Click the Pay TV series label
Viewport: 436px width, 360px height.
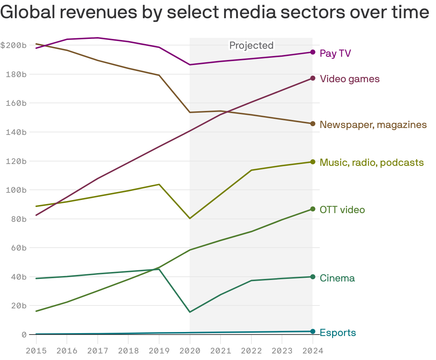click(x=335, y=54)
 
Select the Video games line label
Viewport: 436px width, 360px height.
click(x=350, y=79)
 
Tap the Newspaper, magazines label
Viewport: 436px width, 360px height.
click(x=373, y=125)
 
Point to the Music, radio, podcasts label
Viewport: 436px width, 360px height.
click(x=371, y=162)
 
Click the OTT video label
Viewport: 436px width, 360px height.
click(x=342, y=210)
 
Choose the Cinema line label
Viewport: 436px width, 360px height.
click(x=337, y=278)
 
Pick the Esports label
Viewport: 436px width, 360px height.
click(x=338, y=333)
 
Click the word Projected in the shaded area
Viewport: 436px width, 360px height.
click(x=251, y=45)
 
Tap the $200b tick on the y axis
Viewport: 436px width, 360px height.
click(x=13, y=45)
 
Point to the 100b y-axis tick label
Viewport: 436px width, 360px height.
click(x=16, y=190)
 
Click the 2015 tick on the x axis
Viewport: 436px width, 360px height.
click(x=36, y=351)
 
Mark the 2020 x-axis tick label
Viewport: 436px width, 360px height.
click(x=190, y=351)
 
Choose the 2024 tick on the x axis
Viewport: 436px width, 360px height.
click(x=312, y=351)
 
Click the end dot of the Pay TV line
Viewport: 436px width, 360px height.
click(x=313, y=52)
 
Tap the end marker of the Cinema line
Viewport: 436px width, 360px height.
click(x=313, y=277)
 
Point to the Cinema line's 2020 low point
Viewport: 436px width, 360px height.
click(x=190, y=312)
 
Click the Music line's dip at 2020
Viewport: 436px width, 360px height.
click(x=190, y=218)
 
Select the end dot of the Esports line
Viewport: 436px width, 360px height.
click(x=313, y=331)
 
